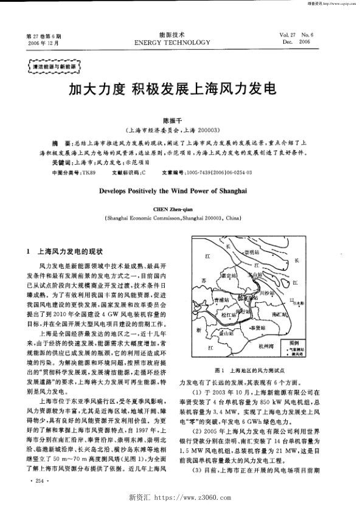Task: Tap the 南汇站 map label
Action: click(280, 314)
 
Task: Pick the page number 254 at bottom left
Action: click(41, 481)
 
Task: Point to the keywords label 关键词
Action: click(62, 163)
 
